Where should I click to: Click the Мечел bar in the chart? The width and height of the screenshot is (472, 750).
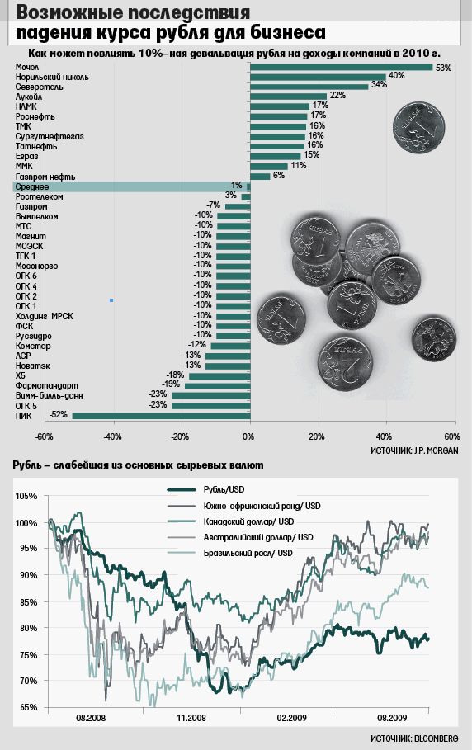(342, 67)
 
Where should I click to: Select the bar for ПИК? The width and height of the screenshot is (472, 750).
(161, 416)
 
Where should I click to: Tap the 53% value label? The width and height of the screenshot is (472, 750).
(443, 68)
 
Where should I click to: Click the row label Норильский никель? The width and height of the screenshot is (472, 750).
(52, 77)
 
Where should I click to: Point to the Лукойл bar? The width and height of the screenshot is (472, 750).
(288, 97)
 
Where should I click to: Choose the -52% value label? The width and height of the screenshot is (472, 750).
(59, 415)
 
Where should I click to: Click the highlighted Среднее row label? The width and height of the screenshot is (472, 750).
(32, 186)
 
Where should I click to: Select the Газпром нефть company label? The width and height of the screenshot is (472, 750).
(45, 177)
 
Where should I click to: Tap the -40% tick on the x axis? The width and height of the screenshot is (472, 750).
(113, 436)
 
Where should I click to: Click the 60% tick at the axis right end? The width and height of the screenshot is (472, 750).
(452, 436)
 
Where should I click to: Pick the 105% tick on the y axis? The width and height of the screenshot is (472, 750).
(26, 496)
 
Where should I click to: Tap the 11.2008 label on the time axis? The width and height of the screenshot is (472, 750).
(191, 718)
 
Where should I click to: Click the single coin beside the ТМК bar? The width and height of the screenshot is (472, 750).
(419, 129)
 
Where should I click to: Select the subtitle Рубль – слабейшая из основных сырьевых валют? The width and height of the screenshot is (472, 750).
(138, 465)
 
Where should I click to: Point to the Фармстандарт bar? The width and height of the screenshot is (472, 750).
(218, 385)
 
